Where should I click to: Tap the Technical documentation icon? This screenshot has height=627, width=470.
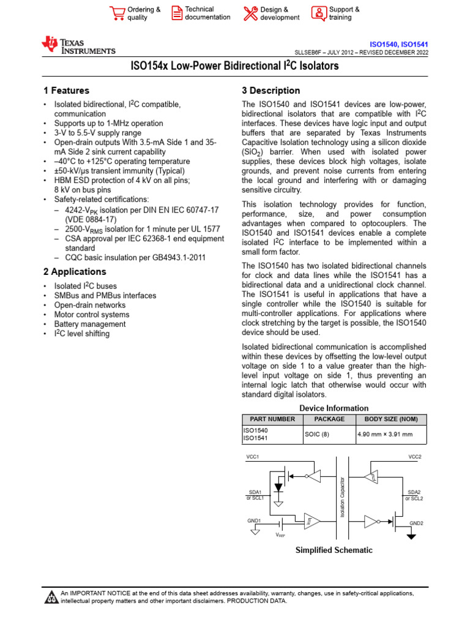(176, 13)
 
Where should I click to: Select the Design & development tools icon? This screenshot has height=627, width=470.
(251, 13)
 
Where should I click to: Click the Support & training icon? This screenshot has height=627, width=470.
(319, 13)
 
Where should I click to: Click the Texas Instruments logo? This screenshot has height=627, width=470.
(78, 45)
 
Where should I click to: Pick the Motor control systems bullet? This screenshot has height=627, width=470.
(83, 315)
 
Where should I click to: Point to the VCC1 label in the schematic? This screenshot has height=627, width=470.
(253, 457)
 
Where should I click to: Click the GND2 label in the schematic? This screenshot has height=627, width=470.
(416, 524)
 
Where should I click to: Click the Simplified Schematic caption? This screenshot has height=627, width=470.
(334, 550)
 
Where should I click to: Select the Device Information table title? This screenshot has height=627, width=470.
(334, 408)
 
